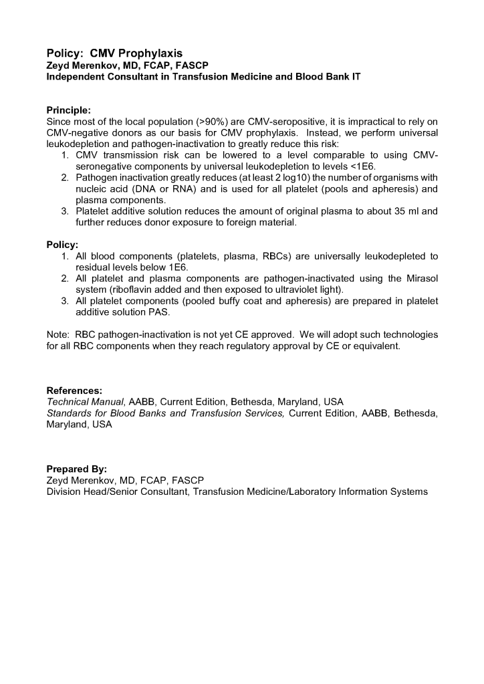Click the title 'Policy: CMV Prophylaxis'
tap(114, 53)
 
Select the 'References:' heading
tap(74, 390)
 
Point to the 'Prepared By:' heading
tap(76, 469)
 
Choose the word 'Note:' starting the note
tap(58, 334)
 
